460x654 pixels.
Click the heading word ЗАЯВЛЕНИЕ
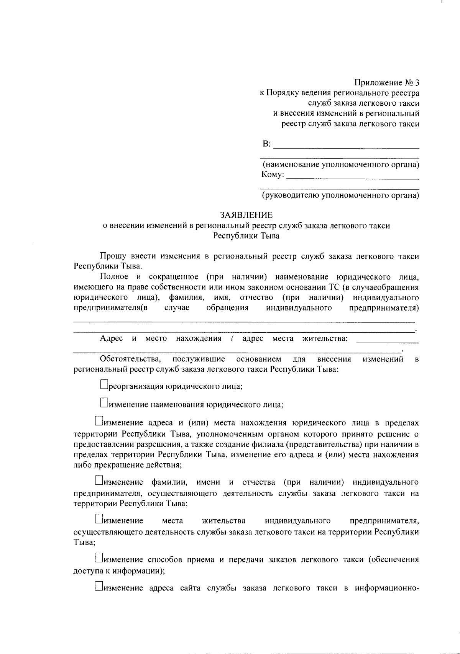(x=246, y=215)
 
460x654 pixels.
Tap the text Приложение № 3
(x=386, y=83)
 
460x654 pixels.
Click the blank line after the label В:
(x=346, y=146)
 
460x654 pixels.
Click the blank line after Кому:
(x=353, y=176)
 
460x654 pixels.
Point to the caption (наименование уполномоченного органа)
(x=340, y=165)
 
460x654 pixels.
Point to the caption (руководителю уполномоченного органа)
(x=340, y=196)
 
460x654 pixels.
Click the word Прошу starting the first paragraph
(x=112, y=256)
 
